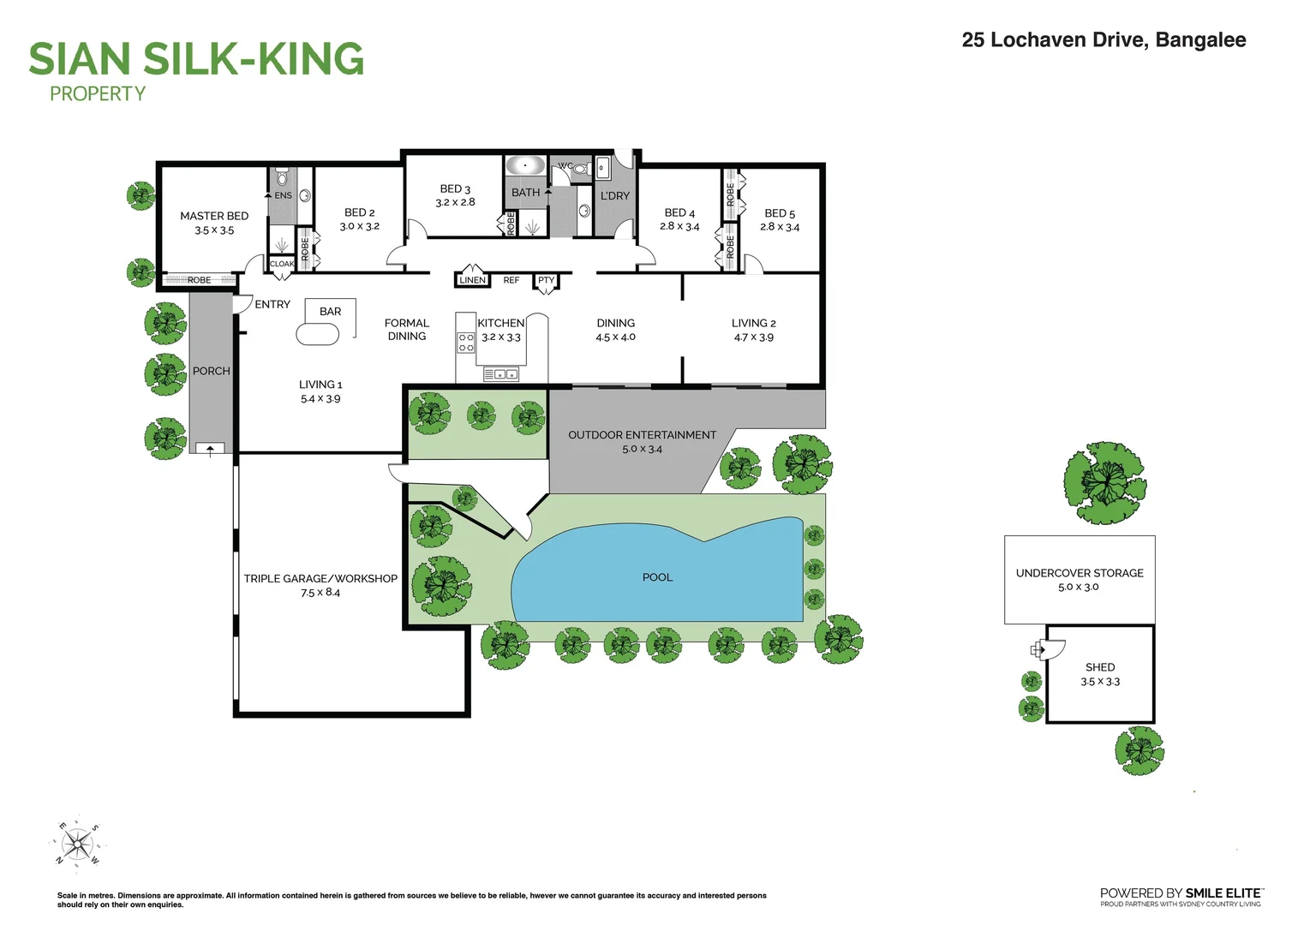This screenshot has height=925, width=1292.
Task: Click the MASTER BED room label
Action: tap(214, 216)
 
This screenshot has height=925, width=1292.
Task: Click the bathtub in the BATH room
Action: tap(525, 165)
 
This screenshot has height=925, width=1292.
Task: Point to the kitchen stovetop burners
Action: tap(466, 342)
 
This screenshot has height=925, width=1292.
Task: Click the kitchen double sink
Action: tap(500, 375)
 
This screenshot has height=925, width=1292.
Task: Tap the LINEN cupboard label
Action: tap(472, 280)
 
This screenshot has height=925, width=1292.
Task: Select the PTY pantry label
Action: tap(547, 280)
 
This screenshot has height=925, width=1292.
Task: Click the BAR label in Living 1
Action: tap(331, 312)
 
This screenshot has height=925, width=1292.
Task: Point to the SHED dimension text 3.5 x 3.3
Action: tap(1100, 682)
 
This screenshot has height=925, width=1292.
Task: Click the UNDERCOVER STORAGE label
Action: tap(1080, 573)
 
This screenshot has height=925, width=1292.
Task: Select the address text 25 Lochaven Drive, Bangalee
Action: tap(1104, 39)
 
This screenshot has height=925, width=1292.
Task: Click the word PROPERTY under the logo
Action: tap(98, 93)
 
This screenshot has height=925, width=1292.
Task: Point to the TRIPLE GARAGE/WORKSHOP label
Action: tap(320, 578)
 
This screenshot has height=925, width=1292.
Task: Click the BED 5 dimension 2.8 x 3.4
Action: tap(780, 227)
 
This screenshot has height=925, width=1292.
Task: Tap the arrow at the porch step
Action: tap(210, 451)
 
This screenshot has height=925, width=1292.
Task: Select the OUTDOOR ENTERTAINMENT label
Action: tap(642, 435)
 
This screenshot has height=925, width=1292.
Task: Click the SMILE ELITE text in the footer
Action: tap(1223, 894)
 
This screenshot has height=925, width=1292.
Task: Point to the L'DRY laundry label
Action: tap(615, 196)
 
